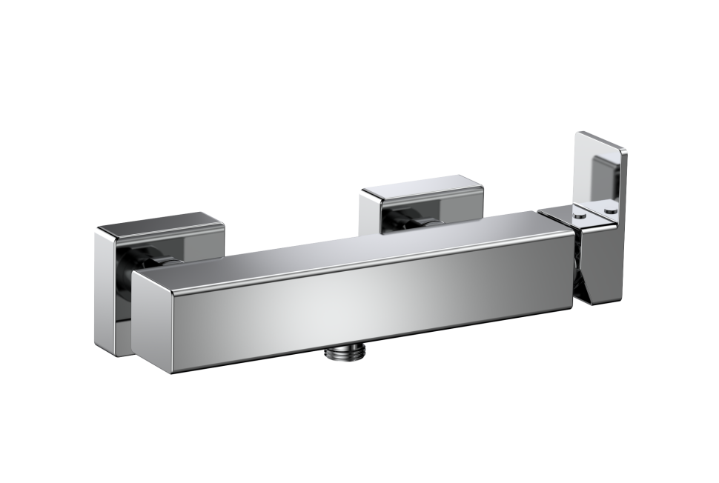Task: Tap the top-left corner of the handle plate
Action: [579, 134]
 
